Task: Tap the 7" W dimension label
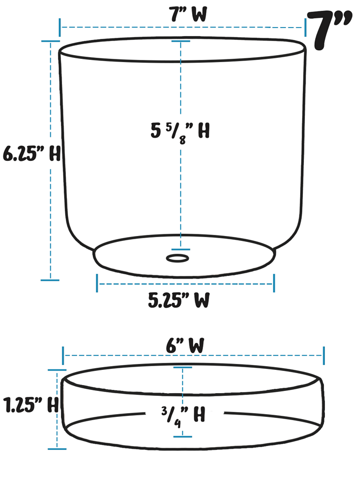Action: click(181, 15)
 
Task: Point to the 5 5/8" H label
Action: click(180, 131)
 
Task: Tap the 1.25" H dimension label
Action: click(30, 404)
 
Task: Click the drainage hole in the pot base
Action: click(178, 258)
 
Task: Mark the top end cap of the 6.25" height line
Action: click(50, 42)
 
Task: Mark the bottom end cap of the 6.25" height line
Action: click(50, 280)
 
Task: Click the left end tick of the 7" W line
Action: click(60, 27)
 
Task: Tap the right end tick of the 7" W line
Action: click(306, 27)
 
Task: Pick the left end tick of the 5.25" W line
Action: click(97, 283)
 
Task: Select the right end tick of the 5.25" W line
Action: click(274, 283)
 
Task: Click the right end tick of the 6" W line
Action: click(324, 356)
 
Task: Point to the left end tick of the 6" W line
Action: click(63, 356)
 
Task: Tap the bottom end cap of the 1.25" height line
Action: click(57, 448)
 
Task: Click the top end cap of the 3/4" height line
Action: click(182, 368)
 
